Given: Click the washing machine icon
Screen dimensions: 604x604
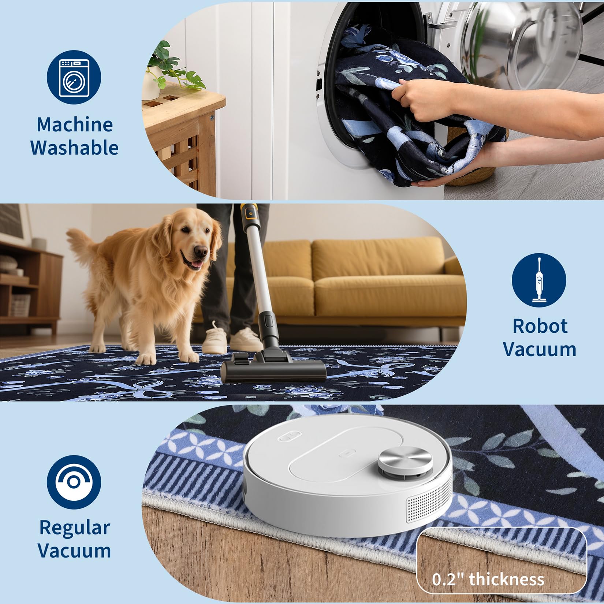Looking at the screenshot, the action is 74,78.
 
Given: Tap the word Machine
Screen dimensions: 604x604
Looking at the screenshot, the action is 75,125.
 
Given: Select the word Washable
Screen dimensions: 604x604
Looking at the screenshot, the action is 74,148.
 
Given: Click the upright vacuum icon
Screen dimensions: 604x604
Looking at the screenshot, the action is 539,280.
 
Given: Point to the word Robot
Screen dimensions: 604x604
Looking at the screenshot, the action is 540,326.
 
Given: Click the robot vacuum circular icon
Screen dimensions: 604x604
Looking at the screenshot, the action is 74,482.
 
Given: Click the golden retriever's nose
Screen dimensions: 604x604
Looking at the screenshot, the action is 200,251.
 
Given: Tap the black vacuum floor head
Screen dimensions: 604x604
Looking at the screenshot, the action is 274,367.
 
